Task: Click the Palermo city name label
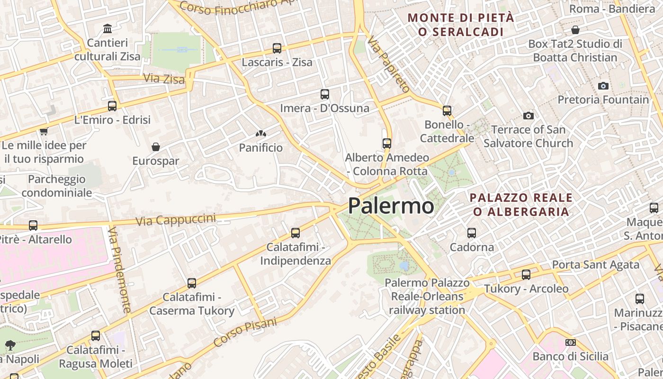[391, 206]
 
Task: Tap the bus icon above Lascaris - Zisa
[277, 48]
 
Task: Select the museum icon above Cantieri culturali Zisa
[108, 29]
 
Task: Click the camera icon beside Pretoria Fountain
[603, 86]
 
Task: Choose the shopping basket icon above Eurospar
[155, 147]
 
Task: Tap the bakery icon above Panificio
[260, 134]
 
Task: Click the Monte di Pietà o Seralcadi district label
[461, 25]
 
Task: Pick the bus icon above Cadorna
[472, 233]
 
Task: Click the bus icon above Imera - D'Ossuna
[324, 94]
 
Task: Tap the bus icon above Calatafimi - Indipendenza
[296, 233]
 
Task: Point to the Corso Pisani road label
[245, 332]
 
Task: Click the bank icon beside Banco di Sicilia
[571, 343]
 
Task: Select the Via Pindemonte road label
[119, 270]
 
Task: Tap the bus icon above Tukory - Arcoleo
[526, 275]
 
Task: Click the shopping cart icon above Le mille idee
[44, 131]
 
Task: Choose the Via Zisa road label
[164, 79]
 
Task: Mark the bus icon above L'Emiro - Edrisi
[112, 106]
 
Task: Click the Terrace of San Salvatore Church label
[528, 136]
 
